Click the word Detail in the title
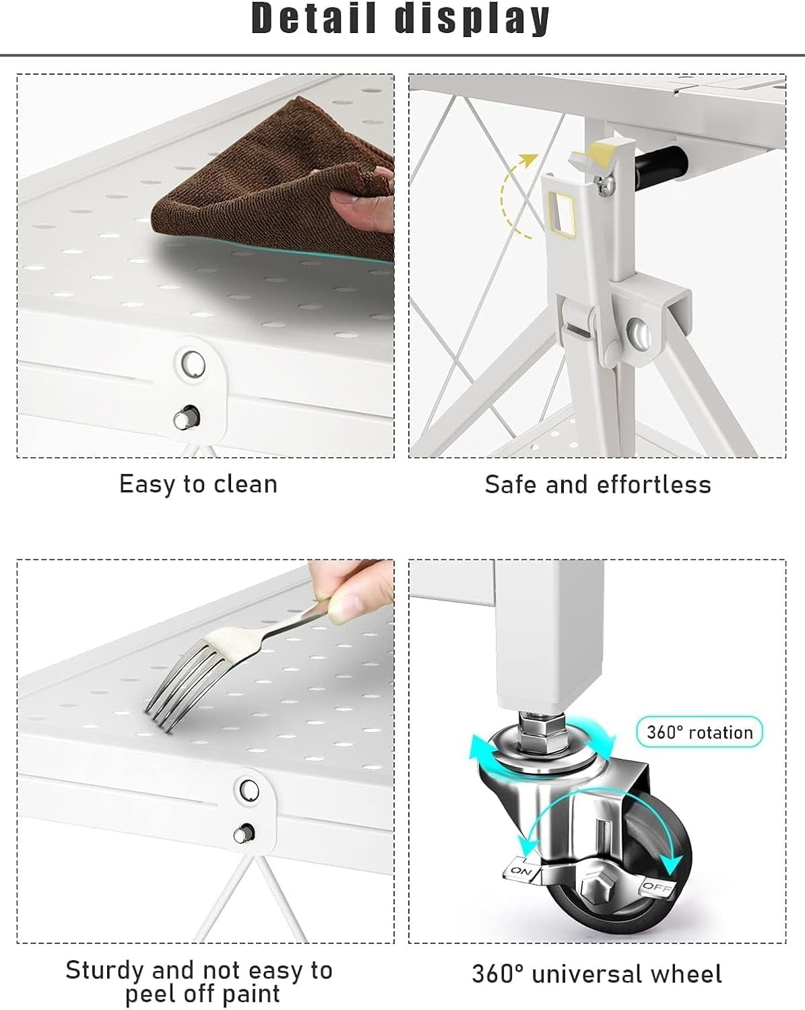(x=314, y=18)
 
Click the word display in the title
(x=472, y=20)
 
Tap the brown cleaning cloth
(x=272, y=183)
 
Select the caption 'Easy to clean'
(x=198, y=484)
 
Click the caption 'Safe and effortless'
(x=598, y=484)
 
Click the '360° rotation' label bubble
(x=699, y=732)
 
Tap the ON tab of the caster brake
(x=522, y=871)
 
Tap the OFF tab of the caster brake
(x=658, y=887)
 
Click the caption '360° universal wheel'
(x=597, y=974)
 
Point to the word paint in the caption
(x=251, y=994)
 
